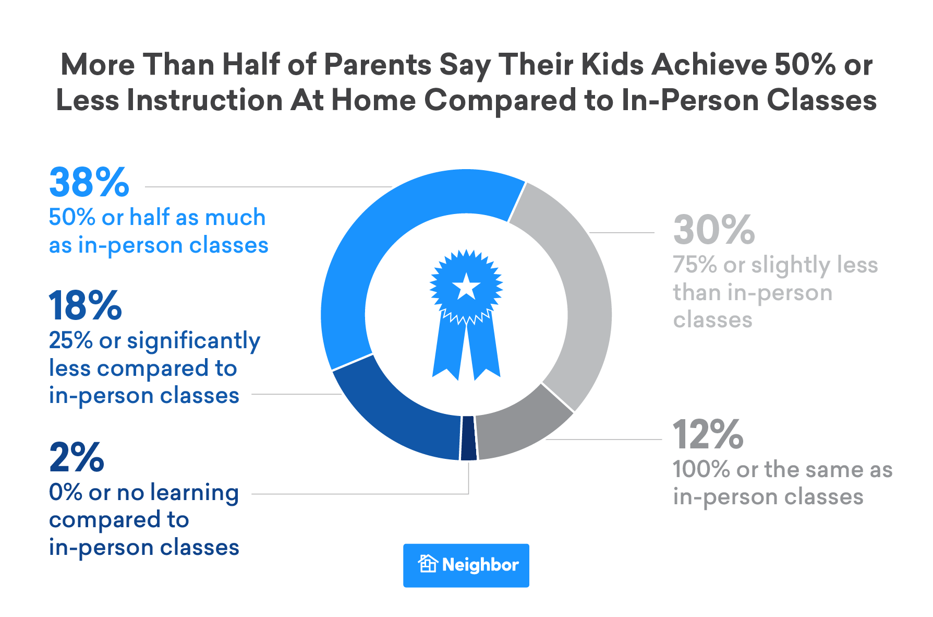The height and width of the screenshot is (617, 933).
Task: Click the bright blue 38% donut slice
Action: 375,235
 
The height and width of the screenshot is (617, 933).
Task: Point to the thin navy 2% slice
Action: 468,438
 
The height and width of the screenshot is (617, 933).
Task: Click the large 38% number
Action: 89,183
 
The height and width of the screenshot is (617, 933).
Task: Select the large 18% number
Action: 85,306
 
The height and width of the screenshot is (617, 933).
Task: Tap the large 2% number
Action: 77,458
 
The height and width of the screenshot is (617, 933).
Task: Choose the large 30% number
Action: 714,230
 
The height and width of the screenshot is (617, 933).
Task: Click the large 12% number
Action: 708,435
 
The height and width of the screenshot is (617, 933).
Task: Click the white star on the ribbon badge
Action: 466,287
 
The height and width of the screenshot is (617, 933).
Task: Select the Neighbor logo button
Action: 466,565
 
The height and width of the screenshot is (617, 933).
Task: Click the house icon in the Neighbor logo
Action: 428,564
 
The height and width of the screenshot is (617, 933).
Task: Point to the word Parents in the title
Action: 378,65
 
